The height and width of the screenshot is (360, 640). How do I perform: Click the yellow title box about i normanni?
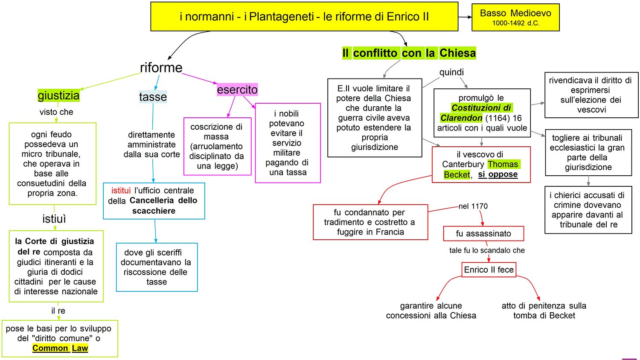[304, 17]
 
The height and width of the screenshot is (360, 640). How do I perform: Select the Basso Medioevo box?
[515, 17]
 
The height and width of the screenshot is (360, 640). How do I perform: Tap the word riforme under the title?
[161, 67]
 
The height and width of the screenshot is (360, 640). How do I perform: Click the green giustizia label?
[58, 95]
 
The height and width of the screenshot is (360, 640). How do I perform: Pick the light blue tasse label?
[153, 97]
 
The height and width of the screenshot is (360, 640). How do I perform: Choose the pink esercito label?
[237, 90]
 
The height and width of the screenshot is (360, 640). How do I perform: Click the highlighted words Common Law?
[60, 348]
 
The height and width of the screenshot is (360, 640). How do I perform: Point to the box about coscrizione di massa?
[217, 146]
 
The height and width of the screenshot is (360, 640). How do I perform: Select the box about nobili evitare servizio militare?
[288, 143]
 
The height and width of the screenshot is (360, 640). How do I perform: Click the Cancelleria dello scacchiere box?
[154, 201]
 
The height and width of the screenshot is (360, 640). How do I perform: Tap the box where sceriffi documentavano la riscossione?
[157, 267]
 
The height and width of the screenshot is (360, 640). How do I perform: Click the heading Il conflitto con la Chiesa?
[409, 53]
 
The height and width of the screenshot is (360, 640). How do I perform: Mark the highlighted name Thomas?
[503, 164]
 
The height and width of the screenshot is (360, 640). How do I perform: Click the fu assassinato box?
[483, 233]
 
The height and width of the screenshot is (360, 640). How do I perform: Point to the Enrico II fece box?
[489, 270]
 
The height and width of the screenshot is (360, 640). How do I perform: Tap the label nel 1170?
[473, 206]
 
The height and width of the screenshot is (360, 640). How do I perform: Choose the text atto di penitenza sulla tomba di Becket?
[544, 311]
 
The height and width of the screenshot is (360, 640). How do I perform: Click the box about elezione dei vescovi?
[591, 95]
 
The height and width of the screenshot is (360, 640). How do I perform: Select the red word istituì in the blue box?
[121, 190]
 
